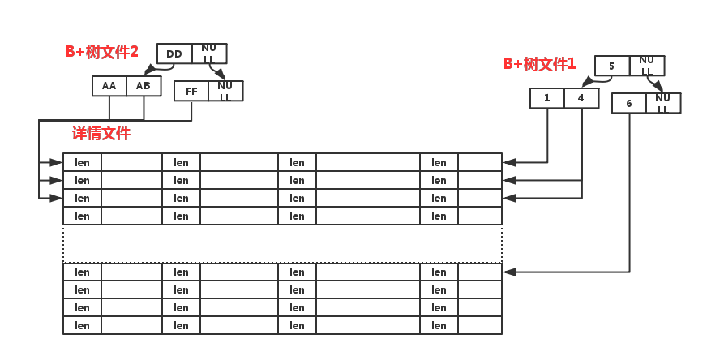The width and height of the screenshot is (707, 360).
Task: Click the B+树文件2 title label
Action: point(102,52)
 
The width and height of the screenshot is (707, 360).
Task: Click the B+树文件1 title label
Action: point(540,64)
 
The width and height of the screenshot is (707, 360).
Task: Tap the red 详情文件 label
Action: point(101,133)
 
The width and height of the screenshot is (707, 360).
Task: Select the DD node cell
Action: point(174,54)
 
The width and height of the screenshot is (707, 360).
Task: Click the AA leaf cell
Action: point(109,86)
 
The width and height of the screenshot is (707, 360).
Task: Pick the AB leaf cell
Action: point(144,86)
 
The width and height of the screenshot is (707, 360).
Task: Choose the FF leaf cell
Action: point(191,91)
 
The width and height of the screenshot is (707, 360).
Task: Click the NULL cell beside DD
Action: point(209,54)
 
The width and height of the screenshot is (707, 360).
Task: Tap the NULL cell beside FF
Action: point(225,91)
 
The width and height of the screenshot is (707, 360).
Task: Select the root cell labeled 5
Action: point(612,66)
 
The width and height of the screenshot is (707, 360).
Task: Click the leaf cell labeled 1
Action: point(547,98)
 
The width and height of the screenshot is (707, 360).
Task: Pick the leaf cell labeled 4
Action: point(581,98)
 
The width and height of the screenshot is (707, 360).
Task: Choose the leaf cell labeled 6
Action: point(629,103)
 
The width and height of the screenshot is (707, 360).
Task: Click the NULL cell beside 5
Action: point(647,66)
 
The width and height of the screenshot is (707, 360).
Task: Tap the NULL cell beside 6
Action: point(663,103)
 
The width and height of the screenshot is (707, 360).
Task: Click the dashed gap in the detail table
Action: point(282,243)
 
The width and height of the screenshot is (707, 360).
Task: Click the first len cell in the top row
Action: point(82,162)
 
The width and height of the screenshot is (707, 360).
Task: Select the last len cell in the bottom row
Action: point(439,325)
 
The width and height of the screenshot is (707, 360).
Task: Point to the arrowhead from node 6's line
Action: point(508,272)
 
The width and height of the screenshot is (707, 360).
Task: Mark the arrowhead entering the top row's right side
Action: point(508,162)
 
